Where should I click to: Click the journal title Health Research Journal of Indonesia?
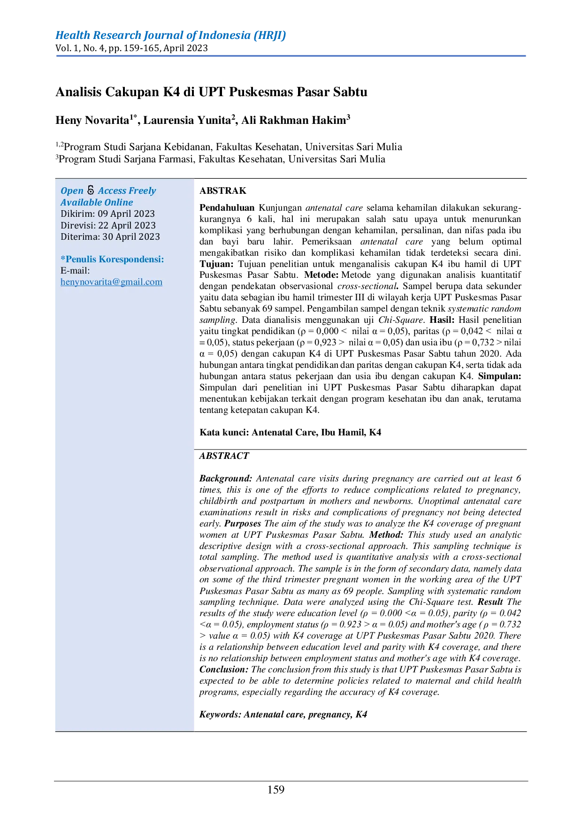[170, 36]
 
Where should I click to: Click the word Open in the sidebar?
[72, 191]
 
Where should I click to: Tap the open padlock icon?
[91, 190]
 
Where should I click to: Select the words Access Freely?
[127, 191]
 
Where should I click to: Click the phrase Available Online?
[97, 202]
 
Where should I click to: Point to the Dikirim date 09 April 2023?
[126, 213]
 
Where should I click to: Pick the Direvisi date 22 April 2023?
[127, 225]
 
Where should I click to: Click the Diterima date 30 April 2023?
[131, 236]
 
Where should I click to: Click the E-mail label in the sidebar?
[75, 270]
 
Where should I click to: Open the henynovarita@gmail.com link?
[111, 282]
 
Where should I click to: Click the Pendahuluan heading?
[227, 207]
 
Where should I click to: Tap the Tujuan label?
[216, 264]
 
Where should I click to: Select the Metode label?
[321, 274]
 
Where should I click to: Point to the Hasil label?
[442, 320]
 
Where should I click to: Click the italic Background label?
[226, 478]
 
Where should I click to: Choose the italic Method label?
[386, 534]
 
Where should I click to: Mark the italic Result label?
[490, 602]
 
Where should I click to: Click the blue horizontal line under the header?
[291, 56]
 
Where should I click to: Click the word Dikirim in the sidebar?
[77, 213]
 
